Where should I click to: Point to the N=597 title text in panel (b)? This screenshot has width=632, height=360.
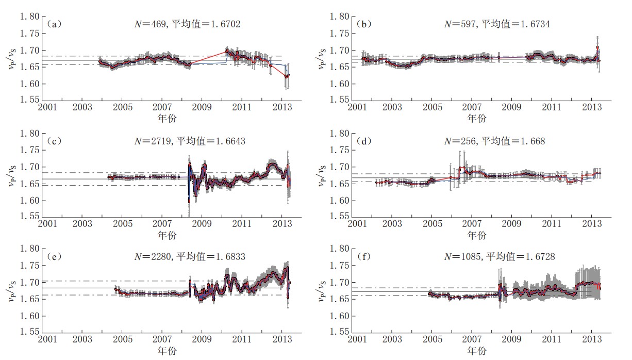[x=490, y=24]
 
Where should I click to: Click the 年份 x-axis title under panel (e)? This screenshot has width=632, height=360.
[x=168, y=351]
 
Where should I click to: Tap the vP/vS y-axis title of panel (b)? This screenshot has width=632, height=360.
[x=322, y=58]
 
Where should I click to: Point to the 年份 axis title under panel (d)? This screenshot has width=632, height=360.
[x=477, y=235]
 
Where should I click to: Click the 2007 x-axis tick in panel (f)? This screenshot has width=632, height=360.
[x=472, y=340]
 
